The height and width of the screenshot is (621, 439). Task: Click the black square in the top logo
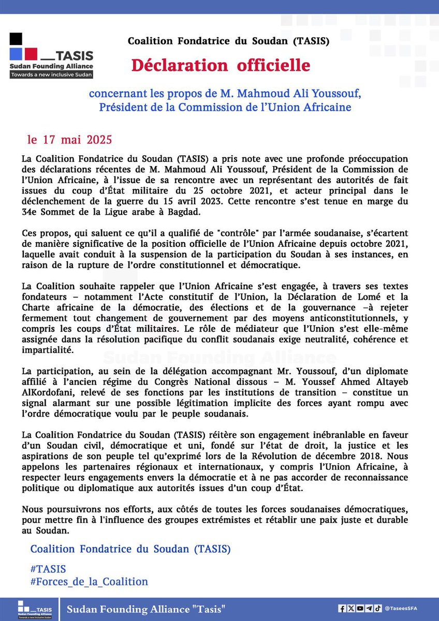tap(16, 39)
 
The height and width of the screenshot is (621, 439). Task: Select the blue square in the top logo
tap(16, 53)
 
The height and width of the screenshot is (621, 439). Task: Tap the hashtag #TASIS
tap(48, 569)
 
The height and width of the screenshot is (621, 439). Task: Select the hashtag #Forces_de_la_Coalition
tap(89, 582)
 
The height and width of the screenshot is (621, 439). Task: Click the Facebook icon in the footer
tap(342, 609)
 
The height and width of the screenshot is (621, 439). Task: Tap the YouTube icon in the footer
tap(360, 609)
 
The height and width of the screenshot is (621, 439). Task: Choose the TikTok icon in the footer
tap(378, 609)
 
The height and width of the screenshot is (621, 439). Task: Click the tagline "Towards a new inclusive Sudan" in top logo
tap(51, 75)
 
